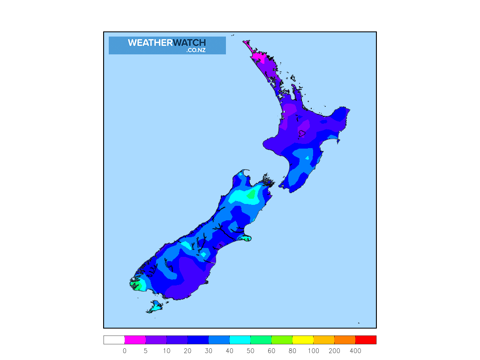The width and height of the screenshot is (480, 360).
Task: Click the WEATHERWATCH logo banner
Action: [167, 45]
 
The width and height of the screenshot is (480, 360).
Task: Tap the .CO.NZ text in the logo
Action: [196, 50]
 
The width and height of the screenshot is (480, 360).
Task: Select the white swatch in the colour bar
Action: [114, 340]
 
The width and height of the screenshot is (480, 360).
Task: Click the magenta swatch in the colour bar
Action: [135, 340]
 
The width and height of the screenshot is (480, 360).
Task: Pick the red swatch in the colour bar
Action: [366, 340]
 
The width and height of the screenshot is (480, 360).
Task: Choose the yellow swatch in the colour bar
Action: [303, 340]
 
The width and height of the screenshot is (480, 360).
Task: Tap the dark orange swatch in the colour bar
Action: [345, 340]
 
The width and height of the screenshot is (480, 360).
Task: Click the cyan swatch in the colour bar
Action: [240, 340]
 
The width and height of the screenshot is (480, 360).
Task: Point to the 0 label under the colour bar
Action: [125, 351]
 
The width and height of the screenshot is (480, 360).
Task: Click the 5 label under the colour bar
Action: [146, 351]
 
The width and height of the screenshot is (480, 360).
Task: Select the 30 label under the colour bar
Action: [209, 351]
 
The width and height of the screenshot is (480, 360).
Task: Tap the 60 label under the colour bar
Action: [271, 351]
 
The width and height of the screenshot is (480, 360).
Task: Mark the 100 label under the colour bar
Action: [314, 351]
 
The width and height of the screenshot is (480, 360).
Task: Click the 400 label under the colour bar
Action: [355, 351]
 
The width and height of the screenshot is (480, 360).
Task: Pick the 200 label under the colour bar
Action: [334, 351]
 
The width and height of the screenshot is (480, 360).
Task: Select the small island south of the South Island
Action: [155, 307]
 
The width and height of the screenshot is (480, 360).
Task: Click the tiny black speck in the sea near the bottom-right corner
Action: [359, 322]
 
